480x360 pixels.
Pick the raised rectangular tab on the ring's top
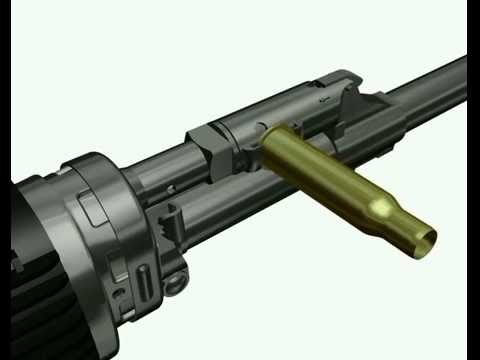click(92, 207)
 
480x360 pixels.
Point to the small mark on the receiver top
click(320, 100)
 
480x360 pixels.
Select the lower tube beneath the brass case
click(260, 215)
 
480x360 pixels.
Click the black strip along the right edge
click(473, 180)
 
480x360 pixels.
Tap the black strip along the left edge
click(5, 180)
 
